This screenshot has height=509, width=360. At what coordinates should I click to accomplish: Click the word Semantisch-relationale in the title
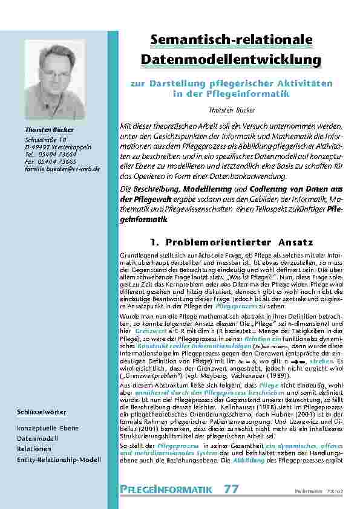[231, 41]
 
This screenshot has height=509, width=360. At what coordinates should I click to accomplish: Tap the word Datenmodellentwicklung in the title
[231, 60]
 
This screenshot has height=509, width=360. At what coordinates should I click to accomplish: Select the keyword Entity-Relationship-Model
[59, 461]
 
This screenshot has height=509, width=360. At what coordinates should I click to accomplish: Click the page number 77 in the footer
[231, 490]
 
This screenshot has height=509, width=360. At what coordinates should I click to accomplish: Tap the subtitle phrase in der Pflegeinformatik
[231, 94]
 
